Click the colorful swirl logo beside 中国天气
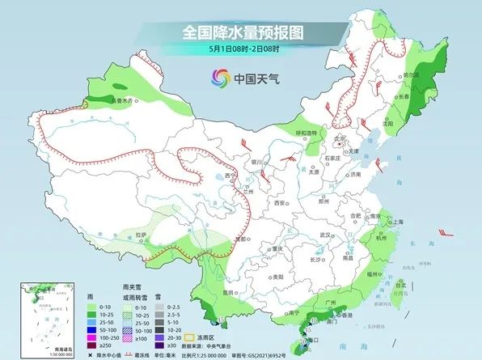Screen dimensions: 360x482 pos(220,78)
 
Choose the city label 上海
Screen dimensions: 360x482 pos(397,221)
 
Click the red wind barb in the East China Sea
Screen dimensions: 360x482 pos(445,232)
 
